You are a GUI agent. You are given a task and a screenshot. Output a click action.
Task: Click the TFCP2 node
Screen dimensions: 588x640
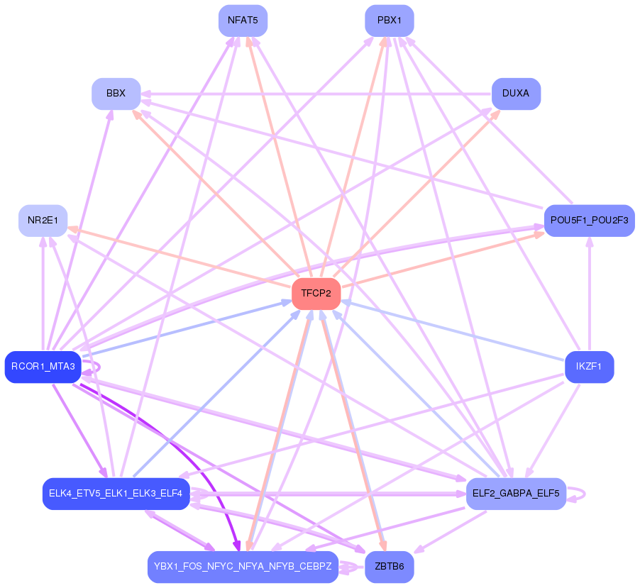(316, 293)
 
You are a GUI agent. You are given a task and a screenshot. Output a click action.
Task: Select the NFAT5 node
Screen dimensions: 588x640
(243, 21)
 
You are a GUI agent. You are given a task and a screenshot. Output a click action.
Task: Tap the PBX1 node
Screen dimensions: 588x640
(389, 21)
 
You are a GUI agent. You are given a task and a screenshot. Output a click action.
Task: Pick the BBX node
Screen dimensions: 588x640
(116, 94)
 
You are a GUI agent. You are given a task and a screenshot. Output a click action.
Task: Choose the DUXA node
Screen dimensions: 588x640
(516, 94)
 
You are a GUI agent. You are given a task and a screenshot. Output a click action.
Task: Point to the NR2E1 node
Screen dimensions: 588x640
(43, 221)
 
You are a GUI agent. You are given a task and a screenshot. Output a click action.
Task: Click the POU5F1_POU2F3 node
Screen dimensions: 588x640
(589, 221)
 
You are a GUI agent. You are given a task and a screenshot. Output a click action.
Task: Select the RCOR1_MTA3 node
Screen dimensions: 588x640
(43, 367)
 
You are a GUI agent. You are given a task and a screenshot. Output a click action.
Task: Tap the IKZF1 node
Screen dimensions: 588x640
(589, 367)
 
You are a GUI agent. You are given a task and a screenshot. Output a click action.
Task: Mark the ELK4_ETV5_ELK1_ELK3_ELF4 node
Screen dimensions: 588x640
(116, 493)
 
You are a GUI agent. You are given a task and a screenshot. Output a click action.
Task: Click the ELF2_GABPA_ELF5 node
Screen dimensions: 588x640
(516, 493)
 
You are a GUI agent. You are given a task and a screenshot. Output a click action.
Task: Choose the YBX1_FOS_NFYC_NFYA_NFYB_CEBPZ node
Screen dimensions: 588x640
(243, 567)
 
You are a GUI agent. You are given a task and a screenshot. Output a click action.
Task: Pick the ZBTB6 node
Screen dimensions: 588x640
(389, 567)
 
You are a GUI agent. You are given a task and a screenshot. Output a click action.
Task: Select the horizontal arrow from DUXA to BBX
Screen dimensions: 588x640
(316, 94)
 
